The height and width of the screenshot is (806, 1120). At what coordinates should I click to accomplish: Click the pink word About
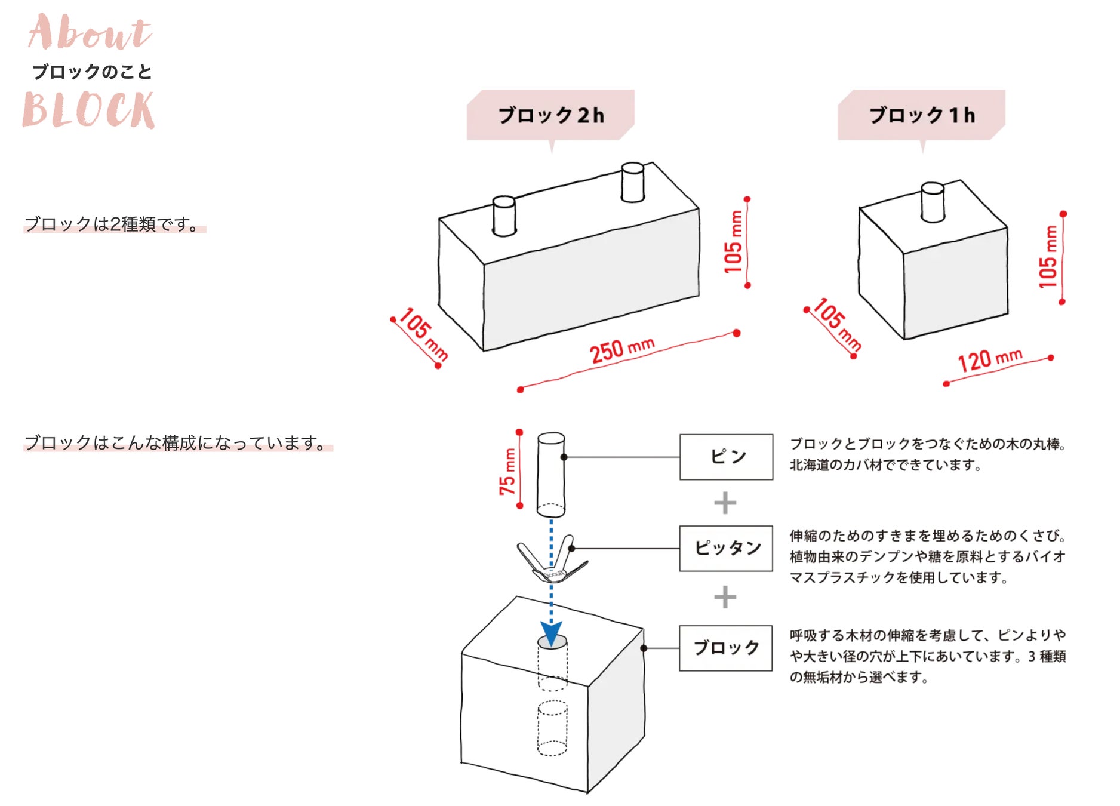point(90,33)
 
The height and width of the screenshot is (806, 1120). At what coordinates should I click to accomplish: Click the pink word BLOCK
point(88,110)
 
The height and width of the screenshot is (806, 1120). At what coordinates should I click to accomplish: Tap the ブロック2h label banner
point(550,115)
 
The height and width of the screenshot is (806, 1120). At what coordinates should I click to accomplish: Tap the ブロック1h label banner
point(922,115)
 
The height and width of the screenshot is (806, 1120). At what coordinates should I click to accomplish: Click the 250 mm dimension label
point(622,349)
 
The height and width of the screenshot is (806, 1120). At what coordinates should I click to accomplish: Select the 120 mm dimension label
point(990,359)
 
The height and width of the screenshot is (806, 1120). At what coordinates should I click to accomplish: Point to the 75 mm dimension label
point(507,471)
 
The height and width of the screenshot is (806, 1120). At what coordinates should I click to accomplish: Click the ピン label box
point(726,457)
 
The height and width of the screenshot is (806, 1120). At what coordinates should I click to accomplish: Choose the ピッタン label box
point(726,548)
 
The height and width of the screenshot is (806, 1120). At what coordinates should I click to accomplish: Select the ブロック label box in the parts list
point(726,648)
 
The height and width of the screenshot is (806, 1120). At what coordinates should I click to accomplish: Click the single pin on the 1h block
point(933,202)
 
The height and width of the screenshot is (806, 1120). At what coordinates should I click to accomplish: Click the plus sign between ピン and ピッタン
point(725,503)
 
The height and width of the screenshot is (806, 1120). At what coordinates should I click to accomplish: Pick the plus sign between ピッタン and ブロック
point(725,597)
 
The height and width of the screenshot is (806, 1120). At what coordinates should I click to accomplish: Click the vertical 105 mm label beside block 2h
point(734,242)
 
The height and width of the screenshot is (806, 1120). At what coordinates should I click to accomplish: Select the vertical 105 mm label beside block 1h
point(1048,257)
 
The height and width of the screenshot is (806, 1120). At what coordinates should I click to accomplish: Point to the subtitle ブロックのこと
point(92,72)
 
